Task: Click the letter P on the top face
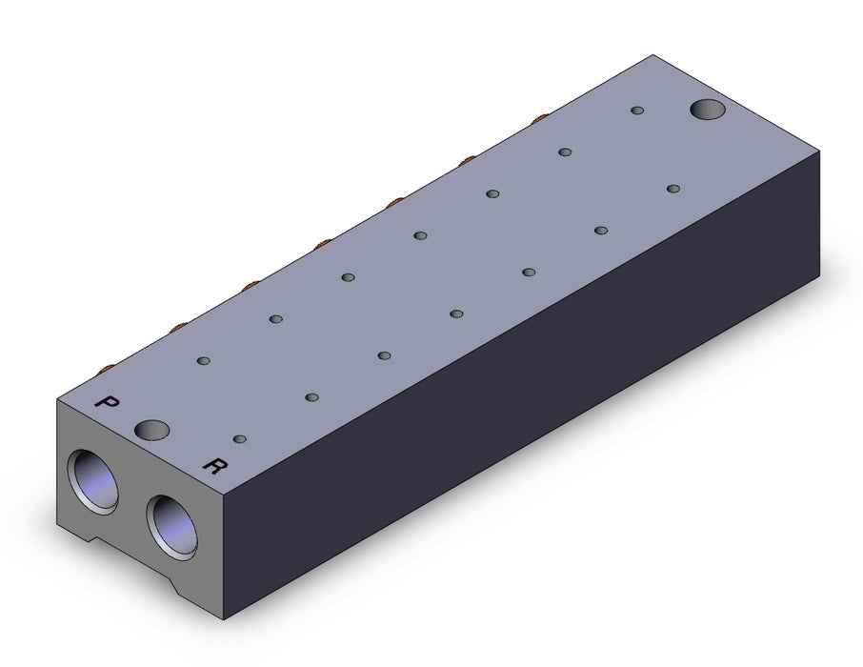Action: (x=107, y=402)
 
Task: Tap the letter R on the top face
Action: (x=215, y=466)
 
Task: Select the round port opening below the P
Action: (x=93, y=482)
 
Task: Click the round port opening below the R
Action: (x=171, y=528)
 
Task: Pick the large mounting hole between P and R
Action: (x=151, y=430)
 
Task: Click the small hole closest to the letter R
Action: (x=240, y=439)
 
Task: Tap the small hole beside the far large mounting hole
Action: (x=637, y=111)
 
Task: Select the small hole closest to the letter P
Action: (x=204, y=361)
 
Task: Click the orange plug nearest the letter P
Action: (x=106, y=368)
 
